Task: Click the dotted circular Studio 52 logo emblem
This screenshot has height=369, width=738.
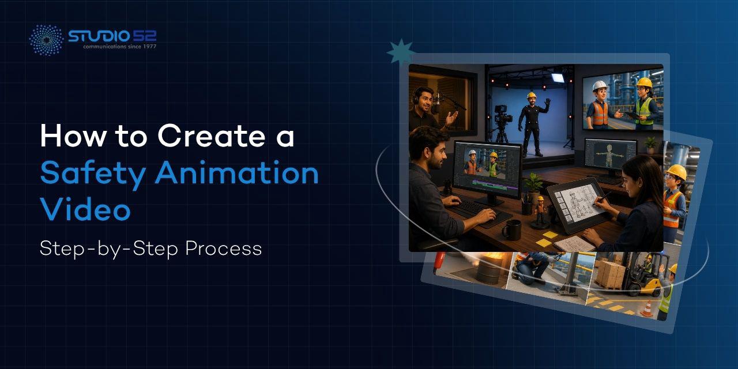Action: pyautogui.click(x=46, y=40)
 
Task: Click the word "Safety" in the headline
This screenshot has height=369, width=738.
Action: pyautogui.click(x=93, y=174)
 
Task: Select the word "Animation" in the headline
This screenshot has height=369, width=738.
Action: pyautogui.click(x=237, y=172)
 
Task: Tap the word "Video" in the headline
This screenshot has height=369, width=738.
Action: pyautogui.click(x=85, y=208)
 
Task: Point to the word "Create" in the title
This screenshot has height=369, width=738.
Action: pyautogui.click(x=212, y=135)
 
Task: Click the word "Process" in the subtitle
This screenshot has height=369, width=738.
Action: pyautogui.click(x=224, y=248)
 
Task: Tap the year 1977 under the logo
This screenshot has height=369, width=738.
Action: pyautogui.click(x=149, y=47)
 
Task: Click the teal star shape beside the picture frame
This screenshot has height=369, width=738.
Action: pyautogui.click(x=400, y=51)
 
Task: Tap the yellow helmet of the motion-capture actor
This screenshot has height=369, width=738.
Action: pyautogui.click(x=532, y=96)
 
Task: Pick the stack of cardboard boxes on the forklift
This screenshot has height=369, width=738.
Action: pyautogui.click(x=611, y=274)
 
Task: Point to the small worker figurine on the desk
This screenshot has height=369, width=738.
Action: pyautogui.click(x=540, y=211)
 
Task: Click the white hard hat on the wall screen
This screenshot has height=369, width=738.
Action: pyautogui.click(x=600, y=86)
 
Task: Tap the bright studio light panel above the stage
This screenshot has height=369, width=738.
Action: pyautogui.click(x=558, y=78)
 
